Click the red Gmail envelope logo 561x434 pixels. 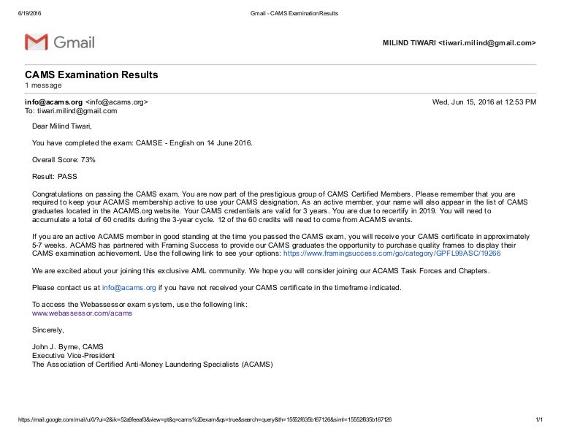tap(37, 42)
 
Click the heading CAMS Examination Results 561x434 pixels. tap(91, 75)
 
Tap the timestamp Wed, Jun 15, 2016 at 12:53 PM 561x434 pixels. tap(484, 102)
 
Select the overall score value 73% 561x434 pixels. tap(88, 159)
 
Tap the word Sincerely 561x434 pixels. tap(49, 330)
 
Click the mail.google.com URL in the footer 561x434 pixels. tap(197, 419)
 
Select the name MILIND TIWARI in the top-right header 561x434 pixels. tap(409, 43)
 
